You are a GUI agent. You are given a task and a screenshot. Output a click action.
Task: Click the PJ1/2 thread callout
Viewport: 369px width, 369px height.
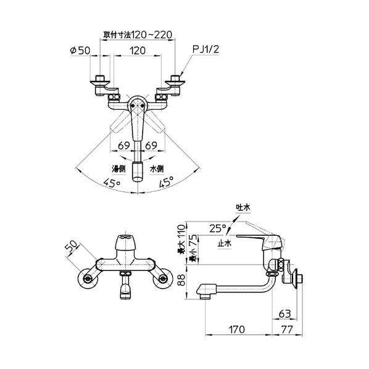pos(205,49)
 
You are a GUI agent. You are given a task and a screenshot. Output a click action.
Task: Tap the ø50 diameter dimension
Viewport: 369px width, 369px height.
pos(80,51)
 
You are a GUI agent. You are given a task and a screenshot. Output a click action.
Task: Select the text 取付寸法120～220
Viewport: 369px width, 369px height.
pos(138,35)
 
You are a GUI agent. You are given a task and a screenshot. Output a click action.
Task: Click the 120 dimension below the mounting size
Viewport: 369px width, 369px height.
pos(138,51)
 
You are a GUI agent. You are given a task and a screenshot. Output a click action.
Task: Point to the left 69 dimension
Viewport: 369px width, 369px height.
pos(124,146)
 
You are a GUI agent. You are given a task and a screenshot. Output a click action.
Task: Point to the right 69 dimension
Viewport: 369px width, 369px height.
pos(151,146)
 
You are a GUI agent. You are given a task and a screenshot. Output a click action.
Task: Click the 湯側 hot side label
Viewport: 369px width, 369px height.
pos(118,168)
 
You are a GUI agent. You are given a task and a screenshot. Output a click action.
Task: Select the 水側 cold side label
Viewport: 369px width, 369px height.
pos(157,168)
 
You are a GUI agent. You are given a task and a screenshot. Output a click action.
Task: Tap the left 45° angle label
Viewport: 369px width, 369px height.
pos(112,183)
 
